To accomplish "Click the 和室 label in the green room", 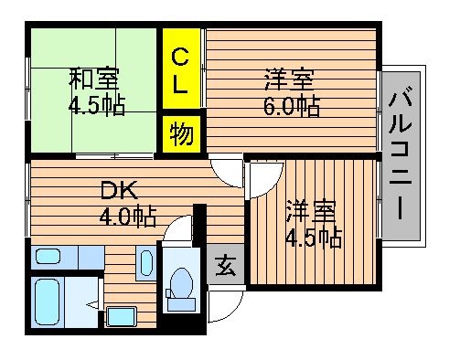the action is tap(94, 79).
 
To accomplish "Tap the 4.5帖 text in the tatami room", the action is tap(97, 105).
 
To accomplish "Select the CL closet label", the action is tap(180, 71).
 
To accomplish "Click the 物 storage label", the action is tap(182, 133).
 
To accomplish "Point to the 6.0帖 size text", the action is tap(292, 106).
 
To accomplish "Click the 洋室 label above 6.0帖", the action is tap(289, 79).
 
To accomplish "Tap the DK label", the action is tap(119, 190).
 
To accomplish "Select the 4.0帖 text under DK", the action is tap(128, 217).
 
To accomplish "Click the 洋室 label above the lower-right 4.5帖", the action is tap(311, 211).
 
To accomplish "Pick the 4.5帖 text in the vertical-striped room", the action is tap(314, 237).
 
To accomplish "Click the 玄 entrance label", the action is tap(226, 265).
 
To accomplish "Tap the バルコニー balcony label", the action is tap(401, 153).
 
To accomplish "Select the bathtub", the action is tap(47, 302).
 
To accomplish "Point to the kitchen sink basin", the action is tap(48, 256).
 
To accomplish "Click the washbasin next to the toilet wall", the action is tap(146, 263).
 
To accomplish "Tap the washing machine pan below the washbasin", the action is tap(121, 317).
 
